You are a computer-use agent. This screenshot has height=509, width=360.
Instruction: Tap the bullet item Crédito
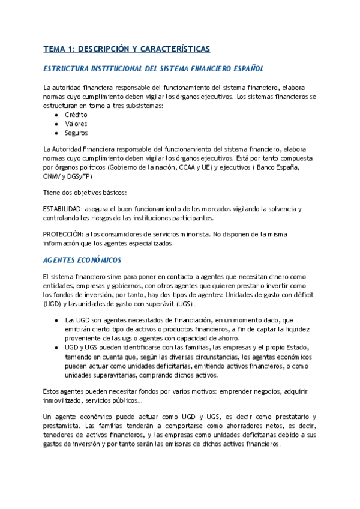[76, 114]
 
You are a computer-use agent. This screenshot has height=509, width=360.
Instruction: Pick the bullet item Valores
[76, 124]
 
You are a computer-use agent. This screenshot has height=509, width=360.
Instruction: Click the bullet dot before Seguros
[56, 133]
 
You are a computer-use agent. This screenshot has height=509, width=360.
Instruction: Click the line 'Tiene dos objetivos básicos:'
[85, 192]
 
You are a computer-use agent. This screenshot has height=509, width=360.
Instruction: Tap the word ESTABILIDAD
[64, 209]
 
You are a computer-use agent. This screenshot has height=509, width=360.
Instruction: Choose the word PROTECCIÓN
[63, 235]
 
